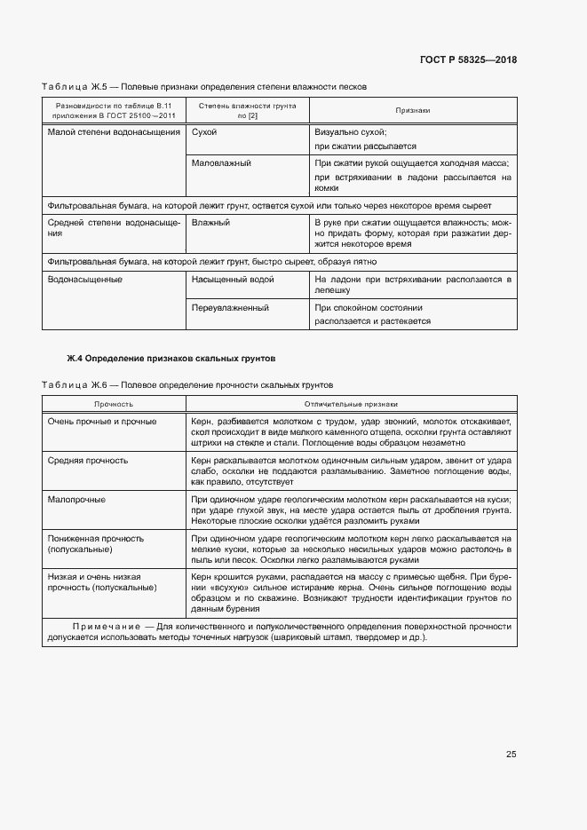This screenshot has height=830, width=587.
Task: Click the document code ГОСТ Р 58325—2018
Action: [467, 60]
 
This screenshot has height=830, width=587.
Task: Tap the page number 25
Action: [511, 754]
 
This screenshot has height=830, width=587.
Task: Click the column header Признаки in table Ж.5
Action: [412, 110]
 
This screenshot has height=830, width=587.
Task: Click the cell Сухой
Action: [204, 131]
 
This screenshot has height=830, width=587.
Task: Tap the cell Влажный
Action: [210, 223]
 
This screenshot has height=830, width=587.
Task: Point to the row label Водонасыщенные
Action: [85, 280]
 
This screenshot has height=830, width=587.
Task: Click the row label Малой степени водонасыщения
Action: [113, 131]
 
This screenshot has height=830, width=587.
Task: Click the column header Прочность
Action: [114, 403]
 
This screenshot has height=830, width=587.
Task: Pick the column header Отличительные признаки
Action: [348, 403]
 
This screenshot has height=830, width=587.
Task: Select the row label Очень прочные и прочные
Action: [102, 422]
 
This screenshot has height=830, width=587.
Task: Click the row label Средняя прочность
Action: [88, 461]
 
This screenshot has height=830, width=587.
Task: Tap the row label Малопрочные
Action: [76, 500]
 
